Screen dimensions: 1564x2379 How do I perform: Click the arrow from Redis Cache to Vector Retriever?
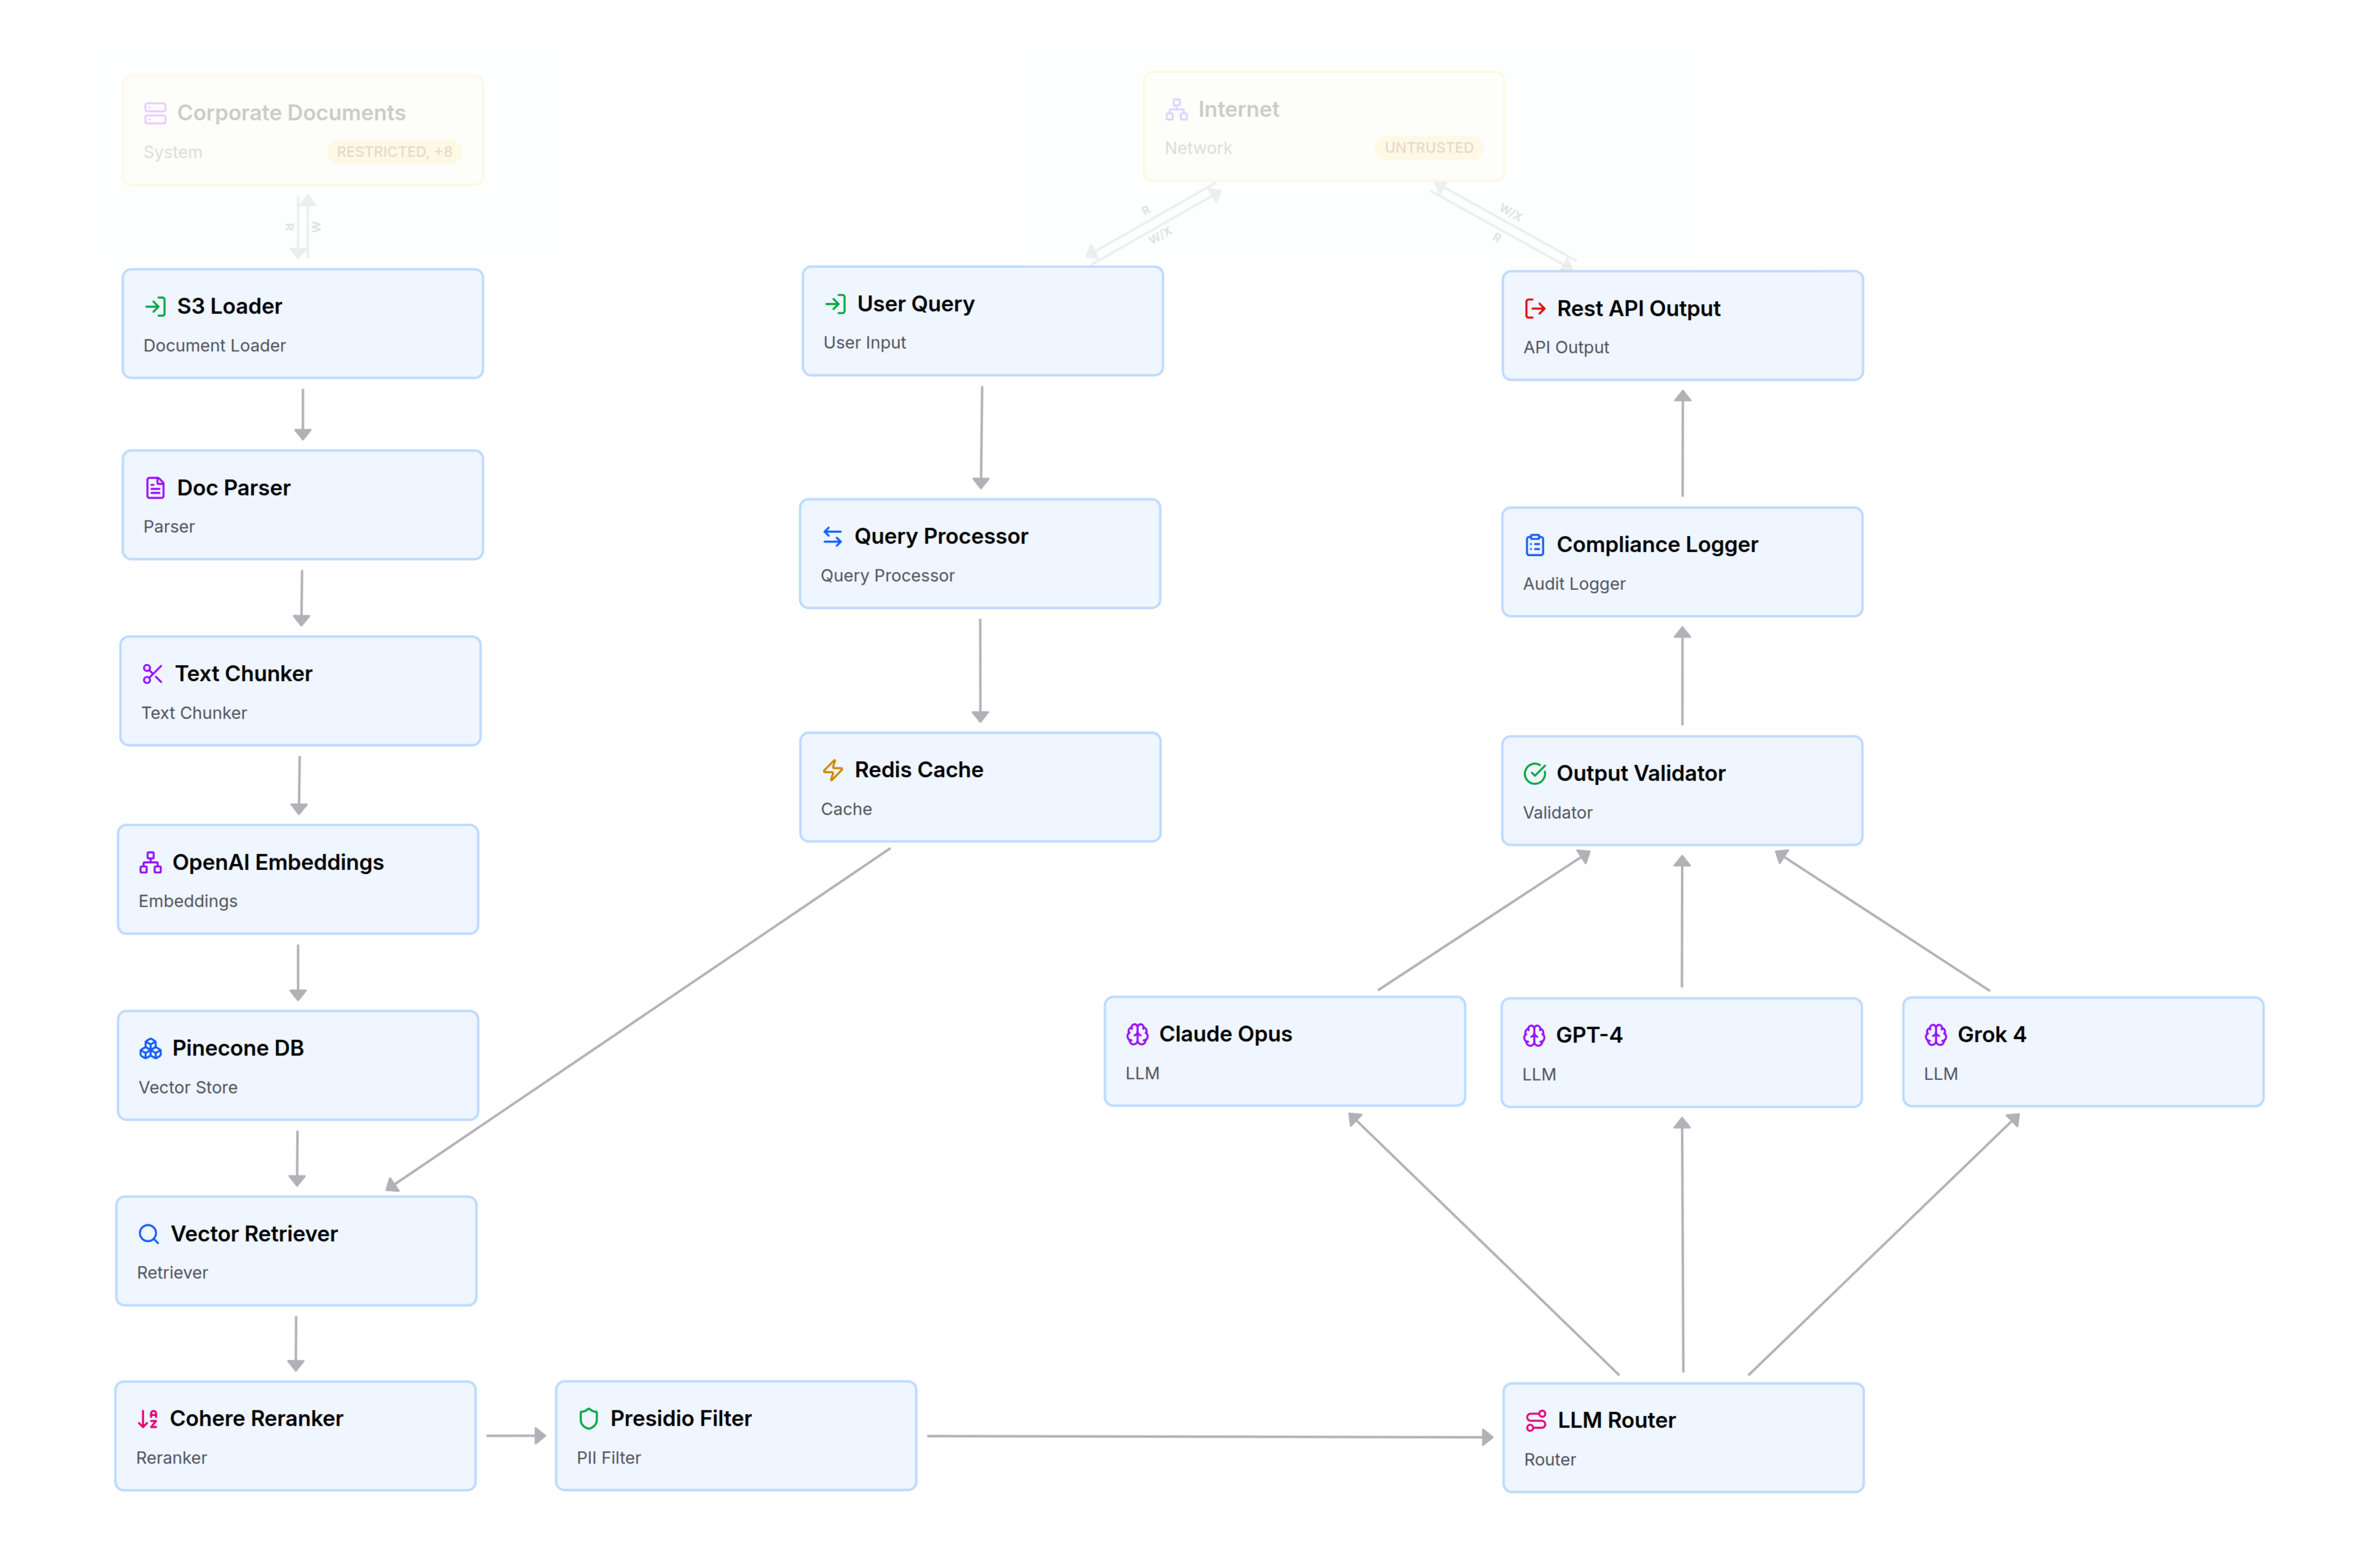640,1019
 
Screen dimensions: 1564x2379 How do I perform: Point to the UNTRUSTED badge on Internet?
1428,148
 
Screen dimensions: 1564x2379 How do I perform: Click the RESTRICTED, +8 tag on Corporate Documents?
394,152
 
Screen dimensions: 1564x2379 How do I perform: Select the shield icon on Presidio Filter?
589,1419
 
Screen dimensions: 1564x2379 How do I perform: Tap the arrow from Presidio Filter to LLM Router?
1209,1437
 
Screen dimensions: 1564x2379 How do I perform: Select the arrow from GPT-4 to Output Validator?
1682,922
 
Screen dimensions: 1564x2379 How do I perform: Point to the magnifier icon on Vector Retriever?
149,1234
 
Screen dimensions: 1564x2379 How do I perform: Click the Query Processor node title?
941,537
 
